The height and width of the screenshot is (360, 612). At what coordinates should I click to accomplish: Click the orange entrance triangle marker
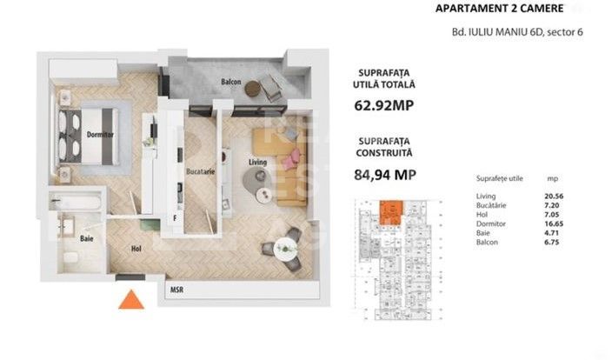pos(130,300)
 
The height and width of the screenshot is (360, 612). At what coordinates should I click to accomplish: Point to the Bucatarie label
pos(199,171)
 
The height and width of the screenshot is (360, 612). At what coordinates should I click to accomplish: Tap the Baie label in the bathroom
pos(87,238)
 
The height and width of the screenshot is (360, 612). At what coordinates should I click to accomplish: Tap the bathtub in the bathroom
pos(76,204)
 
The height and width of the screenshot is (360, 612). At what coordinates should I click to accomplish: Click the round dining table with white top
pos(285,248)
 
